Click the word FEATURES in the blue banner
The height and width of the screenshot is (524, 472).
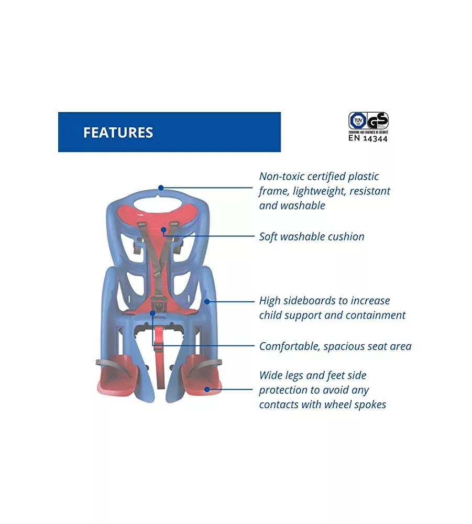[118, 133]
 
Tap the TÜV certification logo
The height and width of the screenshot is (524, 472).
[357, 121]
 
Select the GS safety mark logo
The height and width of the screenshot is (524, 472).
[378, 121]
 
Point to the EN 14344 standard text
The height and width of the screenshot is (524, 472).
[368, 139]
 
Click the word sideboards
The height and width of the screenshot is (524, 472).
[310, 301]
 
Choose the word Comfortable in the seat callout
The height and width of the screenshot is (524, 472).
[289, 346]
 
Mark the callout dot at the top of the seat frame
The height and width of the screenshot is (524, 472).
[161, 187]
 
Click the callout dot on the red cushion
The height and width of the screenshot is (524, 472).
[163, 229]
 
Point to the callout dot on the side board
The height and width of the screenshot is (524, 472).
[207, 301]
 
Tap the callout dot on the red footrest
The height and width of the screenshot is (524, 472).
[207, 389]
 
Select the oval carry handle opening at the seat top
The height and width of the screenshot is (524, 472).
[160, 202]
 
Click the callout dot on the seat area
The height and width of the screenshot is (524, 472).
[152, 313]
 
